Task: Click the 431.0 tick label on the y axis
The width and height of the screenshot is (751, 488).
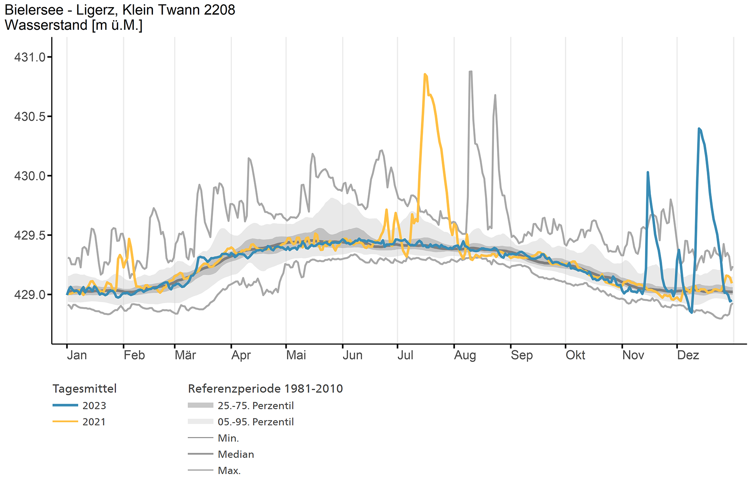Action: pos(29,57)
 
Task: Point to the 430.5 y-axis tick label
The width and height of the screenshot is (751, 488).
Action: pos(29,117)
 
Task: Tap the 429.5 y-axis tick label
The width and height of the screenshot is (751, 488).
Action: pos(29,235)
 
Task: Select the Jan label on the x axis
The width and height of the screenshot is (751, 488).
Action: pos(77,355)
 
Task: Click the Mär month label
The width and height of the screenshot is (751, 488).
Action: pos(185,355)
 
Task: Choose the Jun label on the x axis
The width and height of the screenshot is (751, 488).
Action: pos(352,355)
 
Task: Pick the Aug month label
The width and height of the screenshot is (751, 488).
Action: pos(465,355)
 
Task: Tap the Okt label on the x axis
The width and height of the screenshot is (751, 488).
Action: pos(575,355)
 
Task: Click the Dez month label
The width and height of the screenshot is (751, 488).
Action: pos(688,355)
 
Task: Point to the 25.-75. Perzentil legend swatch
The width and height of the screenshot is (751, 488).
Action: pos(201,405)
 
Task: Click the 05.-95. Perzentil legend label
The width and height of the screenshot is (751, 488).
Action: pos(255,422)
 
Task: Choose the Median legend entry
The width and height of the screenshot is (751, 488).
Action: pos(235,454)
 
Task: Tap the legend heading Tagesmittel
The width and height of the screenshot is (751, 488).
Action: pos(84,389)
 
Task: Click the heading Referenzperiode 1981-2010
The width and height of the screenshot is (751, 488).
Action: pos(265,389)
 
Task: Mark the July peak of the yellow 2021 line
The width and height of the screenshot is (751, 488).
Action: pos(425,74)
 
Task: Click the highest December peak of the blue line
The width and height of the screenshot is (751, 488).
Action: pos(699,128)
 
